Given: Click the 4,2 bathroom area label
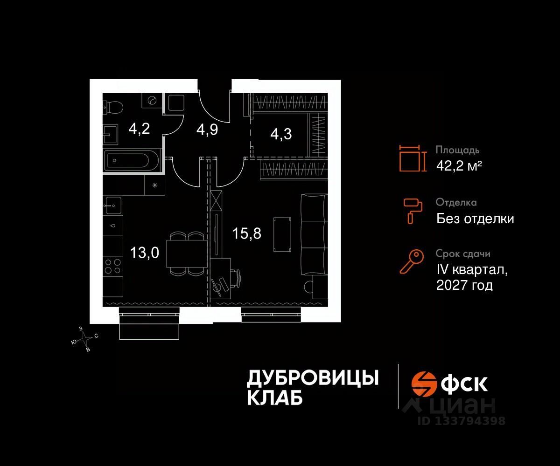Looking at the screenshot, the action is pyautogui.click(x=139, y=129).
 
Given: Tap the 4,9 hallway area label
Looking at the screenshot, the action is pyautogui.click(x=207, y=129).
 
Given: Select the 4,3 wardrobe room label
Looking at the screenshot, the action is pyautogui.click(x=281, y=134).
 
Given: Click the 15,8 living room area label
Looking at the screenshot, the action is pyautogui.click(x=247, y=233).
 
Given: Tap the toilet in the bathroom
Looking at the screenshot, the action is pyautogui.click(x=113, y=107).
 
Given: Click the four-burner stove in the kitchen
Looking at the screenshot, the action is pyautogui.click(x=112, y=267).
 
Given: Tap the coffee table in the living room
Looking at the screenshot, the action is pyautogui.click(x=281, y=233).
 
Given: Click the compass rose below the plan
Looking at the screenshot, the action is pyautogui.click(x=84, y=337).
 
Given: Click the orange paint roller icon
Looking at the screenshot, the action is pyautogui.click(x=413, y=210).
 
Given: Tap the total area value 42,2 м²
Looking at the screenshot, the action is pyautogui.click(x=458, y=165).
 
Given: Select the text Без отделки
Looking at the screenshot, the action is pyautogui.click(x=475, y=218).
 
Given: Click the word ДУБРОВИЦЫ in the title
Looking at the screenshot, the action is pyautogui.click(x=312, y=378).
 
